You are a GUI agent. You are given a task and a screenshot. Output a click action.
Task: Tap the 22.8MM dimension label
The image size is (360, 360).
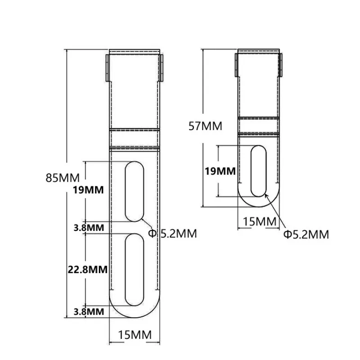pos(87,270)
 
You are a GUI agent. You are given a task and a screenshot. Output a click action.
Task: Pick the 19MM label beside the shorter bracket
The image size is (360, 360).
pos(220,171)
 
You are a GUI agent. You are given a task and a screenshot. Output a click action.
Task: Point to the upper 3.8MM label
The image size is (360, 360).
pos(88,227)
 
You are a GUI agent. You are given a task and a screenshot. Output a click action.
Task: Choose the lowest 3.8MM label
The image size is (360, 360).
pos(88,311)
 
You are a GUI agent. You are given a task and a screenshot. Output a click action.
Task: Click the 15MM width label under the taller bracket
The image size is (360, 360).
pos(135,335)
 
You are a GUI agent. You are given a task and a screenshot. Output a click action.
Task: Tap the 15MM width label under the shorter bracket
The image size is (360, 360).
pos(259,221)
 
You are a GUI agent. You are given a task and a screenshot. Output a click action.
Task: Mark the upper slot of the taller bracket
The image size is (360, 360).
pos(135,192)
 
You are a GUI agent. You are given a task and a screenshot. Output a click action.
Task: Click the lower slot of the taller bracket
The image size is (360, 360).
pos(135,270)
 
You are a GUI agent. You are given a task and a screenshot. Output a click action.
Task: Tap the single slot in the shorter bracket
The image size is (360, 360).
pos(258,171)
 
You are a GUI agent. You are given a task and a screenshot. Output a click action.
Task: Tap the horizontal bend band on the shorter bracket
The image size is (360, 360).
pos(259,126)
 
